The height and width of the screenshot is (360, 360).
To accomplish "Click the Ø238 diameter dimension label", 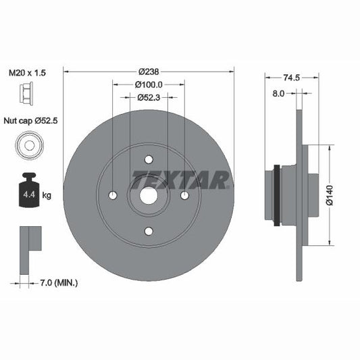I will pos(149,72).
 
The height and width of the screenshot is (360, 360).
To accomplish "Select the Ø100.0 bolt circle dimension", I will pos(149,85).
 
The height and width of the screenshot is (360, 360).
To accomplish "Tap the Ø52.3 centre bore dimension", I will pos(149,98).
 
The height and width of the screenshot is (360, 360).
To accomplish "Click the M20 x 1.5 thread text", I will pos(27,73).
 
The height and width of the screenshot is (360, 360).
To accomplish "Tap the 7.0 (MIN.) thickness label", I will pos(58,282).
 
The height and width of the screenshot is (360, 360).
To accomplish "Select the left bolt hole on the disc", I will pos(113,196).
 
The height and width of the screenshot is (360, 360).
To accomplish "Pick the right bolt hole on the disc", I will pos(184,196).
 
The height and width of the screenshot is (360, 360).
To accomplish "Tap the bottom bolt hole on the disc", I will pos(149,232).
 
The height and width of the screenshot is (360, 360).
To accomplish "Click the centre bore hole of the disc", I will pos(149,196).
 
